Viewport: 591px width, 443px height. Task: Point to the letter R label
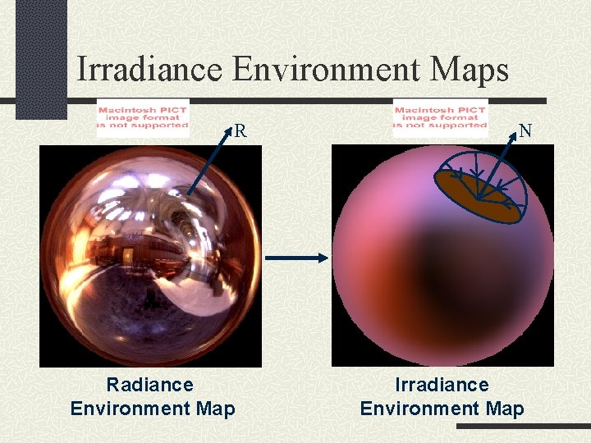[x=241, y=130]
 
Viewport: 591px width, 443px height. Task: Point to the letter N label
[x=525, y=130]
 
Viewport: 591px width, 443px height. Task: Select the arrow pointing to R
[x=209, y=161]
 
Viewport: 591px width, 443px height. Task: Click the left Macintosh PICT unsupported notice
[x=143, y=116]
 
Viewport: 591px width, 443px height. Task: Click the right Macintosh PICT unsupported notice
[x=440, y=116]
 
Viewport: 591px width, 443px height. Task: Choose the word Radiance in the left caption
[x=150, y=385]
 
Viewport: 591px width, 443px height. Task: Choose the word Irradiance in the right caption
[x=442, y=385]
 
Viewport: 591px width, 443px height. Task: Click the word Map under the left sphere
[x=216, y=409]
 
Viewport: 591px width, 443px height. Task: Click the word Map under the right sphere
[x=505, y=409]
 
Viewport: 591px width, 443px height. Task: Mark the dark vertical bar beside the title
[x=41, y=57]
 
